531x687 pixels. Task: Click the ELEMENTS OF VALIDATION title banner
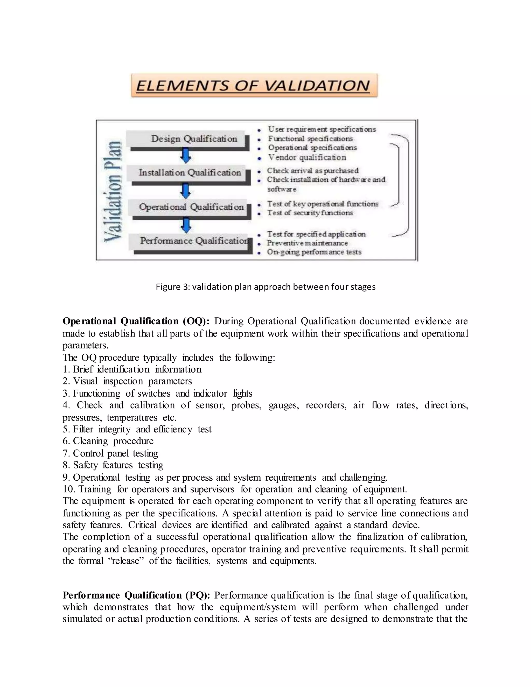click(x=254, y=86)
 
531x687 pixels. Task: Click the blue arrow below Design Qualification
click(x=186, y=156)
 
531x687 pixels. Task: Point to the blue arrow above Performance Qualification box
click(x=186, y=225)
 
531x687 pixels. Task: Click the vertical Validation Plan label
click(x=113, y=192)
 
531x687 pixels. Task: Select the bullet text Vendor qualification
click(x=307, y=157)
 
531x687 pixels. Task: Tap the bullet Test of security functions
click(x=310, y=213)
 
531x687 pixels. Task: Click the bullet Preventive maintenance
click(x=307, y=243)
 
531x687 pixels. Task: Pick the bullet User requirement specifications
click(x=322, y=129)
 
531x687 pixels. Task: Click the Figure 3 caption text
click(x=265, y=287)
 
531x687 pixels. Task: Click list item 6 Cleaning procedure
click(x=108, y=441)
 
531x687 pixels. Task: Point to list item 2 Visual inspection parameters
click(x=127, y=381)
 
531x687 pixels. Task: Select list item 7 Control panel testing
click(x=110, y=453)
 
